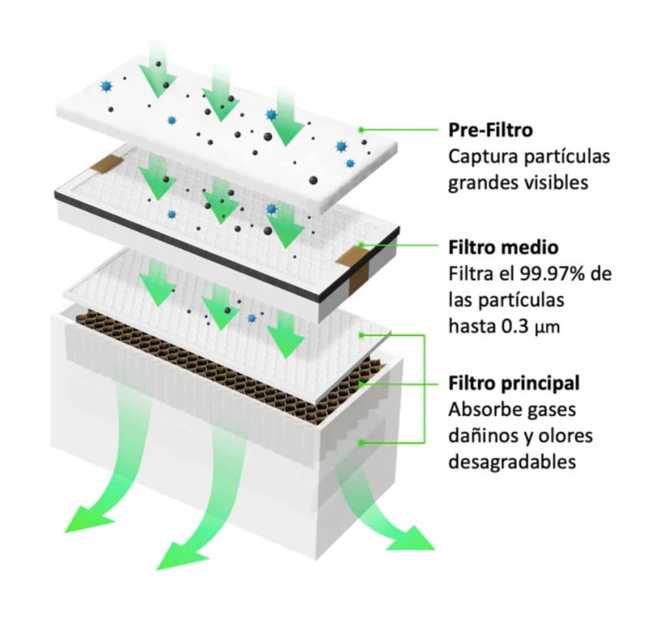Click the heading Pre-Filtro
tap(490, 130)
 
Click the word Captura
tap(479, 156)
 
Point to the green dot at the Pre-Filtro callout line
tap(365, 129)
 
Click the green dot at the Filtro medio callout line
tap(365, 244)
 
